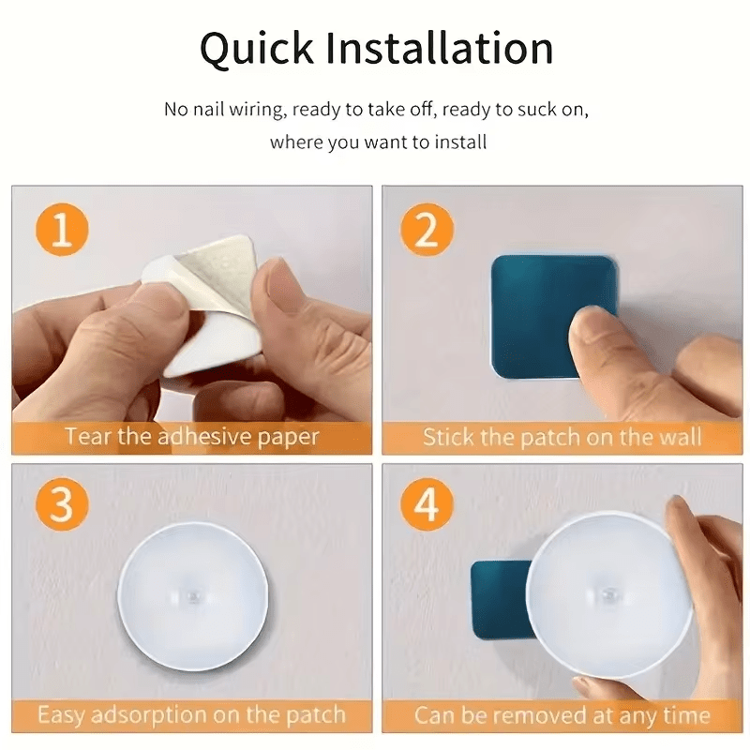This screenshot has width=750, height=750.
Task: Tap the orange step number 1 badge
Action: [x=61, y=230]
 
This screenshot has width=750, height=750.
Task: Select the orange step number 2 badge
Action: [x=427, y=230]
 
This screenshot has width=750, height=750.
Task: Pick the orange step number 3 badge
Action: [x=61, y=506]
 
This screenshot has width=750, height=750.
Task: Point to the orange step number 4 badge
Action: [x=427, y=506]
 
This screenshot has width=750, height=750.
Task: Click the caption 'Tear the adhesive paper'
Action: [x=191, y=437]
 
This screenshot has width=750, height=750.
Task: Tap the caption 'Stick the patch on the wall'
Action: [x=562, y=437]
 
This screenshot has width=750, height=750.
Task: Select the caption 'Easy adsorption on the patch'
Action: [x=191, y=715]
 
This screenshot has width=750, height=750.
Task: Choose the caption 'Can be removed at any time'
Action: [x=562, y=715]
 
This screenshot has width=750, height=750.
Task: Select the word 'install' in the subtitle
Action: [x=462, y=143]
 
